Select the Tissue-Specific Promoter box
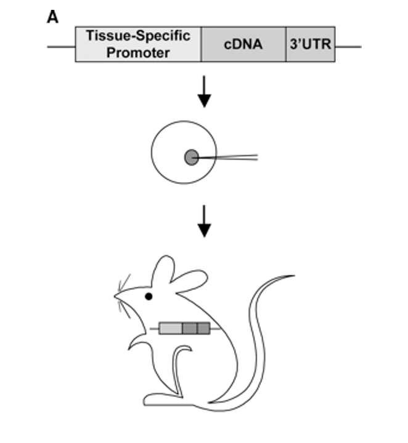tap(138, 44)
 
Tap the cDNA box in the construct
tap(243, 44)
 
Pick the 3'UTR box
tap(310, 44)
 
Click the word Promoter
tap(138, 53)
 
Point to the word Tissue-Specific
tap(138, 36)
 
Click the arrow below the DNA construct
tap(205, 94)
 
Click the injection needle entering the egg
tap(228, 158)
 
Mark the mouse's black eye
tap(149, 297)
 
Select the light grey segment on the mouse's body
tap(170, 329)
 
